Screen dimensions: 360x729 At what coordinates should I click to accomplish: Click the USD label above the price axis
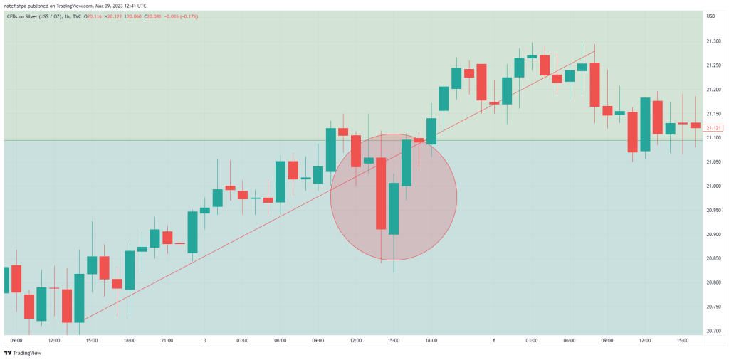(710, 16)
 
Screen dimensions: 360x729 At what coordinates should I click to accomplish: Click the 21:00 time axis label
(167, 341)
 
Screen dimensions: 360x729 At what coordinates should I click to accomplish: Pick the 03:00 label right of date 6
(531, 341)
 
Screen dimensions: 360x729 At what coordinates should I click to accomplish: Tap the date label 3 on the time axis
(204, 341)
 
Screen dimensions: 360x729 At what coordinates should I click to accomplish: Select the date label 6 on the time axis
(493, 341)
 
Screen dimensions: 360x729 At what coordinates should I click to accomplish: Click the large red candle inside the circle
(381, 193)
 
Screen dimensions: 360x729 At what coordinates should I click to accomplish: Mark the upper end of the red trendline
(594, 51)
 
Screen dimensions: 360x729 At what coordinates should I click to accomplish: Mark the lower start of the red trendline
(83, 322)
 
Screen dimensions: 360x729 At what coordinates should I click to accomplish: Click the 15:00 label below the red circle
(393, 341)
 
